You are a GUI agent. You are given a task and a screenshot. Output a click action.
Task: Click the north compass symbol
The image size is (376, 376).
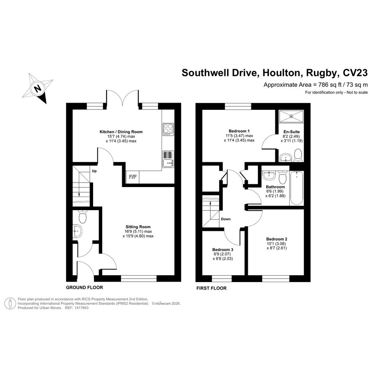[37, 88]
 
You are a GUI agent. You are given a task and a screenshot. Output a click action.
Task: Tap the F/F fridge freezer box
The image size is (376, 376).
[132, 177]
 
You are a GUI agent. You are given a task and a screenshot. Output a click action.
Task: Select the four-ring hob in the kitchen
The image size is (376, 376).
[168, 129]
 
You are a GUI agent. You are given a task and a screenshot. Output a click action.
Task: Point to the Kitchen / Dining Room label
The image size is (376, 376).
[121, 132]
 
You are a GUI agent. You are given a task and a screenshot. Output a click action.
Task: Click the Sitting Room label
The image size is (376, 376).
[138, 227]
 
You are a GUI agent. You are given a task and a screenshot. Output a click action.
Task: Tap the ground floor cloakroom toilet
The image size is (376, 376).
[82, 216]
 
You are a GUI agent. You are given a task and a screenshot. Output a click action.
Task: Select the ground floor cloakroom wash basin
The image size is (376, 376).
[77, 231]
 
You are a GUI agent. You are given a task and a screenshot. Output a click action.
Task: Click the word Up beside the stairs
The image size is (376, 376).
[94, 171]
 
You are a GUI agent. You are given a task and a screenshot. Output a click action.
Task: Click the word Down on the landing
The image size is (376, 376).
[226, 219]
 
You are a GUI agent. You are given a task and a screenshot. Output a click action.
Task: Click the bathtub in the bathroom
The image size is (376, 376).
[296, 188]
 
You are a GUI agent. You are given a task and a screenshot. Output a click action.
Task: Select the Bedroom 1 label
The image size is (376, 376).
[239, 131]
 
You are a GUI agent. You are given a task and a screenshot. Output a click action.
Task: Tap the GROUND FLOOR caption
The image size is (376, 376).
[84, 287]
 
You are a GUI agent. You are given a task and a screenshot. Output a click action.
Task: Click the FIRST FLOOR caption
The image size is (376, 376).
[211, 288]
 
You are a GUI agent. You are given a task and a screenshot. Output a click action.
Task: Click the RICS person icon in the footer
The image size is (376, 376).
[11, 303]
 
